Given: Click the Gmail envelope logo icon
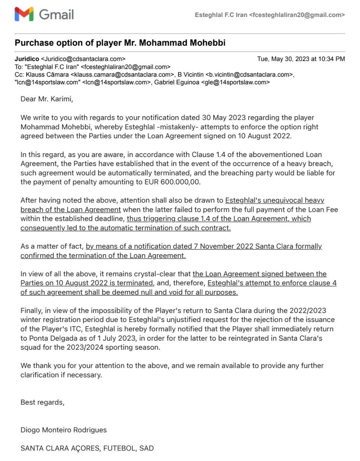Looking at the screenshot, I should (x=24, y=14).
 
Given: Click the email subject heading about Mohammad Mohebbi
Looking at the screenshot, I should (x=120, y=43).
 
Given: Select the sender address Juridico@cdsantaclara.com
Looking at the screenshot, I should (x=83, y=59).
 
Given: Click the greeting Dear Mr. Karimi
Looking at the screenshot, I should (x=47, y=99).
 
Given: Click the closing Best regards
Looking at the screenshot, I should (x=43, y=402).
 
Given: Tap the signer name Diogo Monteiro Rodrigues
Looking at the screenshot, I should (x=64, y=430).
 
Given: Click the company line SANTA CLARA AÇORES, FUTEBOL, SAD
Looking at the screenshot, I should (x=87, y=448).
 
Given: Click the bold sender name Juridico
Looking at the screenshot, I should (x=27, y=59).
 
